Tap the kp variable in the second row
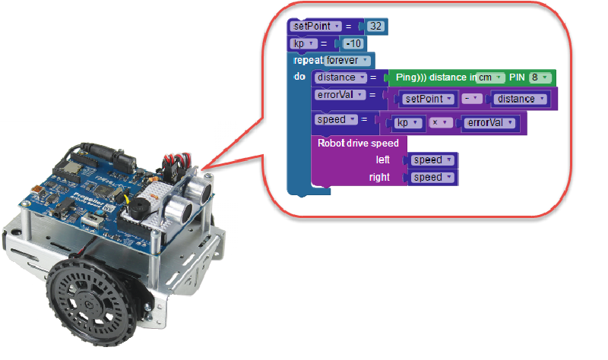tap(304, 43)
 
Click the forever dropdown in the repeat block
tap(347, 60)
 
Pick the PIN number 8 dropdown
tap(540, 77)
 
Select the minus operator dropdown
tap(472, 99)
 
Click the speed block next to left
tap(432, 160)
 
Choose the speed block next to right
tap(432, 178)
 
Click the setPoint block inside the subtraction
tap(427, 99)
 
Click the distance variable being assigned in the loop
tap(339, 77)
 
